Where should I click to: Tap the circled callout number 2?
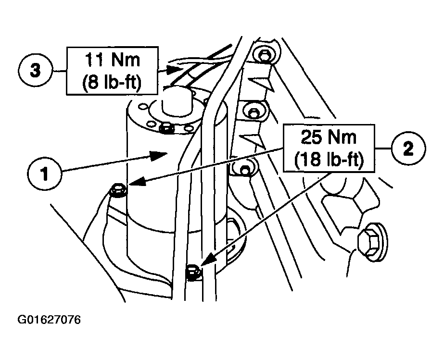click(408, 148)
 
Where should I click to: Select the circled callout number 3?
click(36, 71)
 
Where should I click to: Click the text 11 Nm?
click(113, 60)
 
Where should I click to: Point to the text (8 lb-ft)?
click(112, 82)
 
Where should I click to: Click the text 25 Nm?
click(329, 137)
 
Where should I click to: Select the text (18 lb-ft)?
click(329, 160)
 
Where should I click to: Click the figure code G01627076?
click(49, 320)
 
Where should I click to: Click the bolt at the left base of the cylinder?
click(118, 190)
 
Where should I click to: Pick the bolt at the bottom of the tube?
click(193, 272)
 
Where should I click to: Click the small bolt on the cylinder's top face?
click(167, 129)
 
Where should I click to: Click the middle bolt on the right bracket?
click(253, 111)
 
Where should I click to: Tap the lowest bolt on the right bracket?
click(245, 169)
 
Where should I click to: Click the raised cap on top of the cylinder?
click(178, 102)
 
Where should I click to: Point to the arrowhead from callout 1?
click(158, 155)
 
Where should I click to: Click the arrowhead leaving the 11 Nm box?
click(171, 69)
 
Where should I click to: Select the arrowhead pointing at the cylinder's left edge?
click(138, 181)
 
